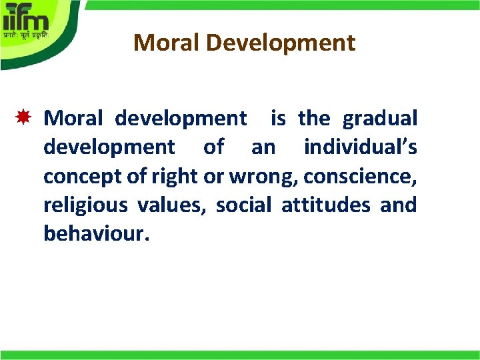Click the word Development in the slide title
coord(277,43)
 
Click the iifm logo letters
coord(27,15)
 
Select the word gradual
coord(380,119)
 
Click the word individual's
coord(361,147)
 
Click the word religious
coord(85,205)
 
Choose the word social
coord(243,205)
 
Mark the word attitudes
coord(325,205)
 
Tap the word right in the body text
coord(175,176)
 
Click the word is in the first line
coord(278,119)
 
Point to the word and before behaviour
coord(399,205)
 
